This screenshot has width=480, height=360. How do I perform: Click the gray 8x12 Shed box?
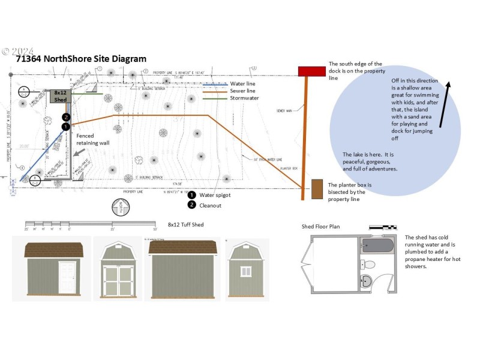[x=60, y=96]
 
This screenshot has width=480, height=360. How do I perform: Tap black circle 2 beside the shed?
[x=66, y=118]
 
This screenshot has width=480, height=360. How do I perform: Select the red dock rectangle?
[x=311, y=71]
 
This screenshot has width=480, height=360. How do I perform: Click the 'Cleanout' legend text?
[x=211, y=205]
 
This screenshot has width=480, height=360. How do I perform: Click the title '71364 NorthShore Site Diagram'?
[x=81, y=59]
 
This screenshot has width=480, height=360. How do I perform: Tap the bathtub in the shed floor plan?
[x=378, y=245]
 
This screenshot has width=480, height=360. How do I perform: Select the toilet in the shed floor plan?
[x=370, y=263]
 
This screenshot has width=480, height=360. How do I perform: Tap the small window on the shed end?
[x=246, y=272]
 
